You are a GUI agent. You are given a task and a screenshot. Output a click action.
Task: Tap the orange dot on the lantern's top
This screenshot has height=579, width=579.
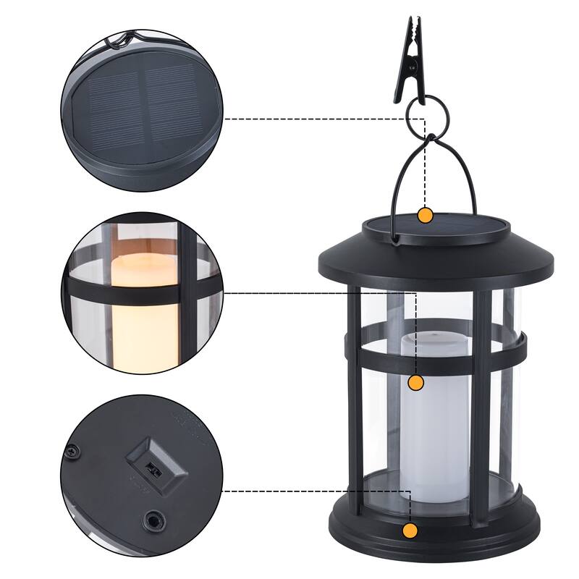click(x=426, y=215)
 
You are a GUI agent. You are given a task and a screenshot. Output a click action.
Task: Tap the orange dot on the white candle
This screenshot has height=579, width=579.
click(x=415, y=383)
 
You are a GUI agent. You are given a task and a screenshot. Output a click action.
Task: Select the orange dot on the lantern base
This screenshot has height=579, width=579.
click(x=410, y=531)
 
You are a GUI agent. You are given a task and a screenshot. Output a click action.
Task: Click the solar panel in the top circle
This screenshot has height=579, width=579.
click(x=141, y=109)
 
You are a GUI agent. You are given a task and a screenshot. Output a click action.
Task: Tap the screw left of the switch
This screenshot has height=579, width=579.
click(x=71, y=451)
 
